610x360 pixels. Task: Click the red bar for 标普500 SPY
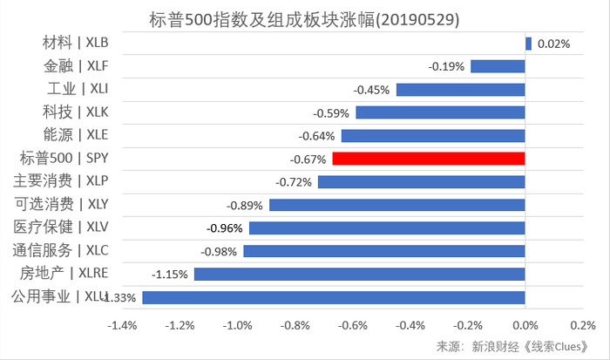pyautogui.click(x=428, y=159)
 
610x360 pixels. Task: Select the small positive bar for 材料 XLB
pyautogui.click(x=528, y=43)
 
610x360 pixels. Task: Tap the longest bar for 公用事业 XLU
pyautogui.click(x=333, y=297)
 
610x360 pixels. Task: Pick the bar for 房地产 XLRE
pyautogui.click(x=359, y=274)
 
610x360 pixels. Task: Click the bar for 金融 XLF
pyautogui.click(x=498, y=66)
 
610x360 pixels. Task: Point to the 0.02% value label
pyautogui.click(x=553, y=44)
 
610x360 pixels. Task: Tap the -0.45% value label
pyautogui.click(x=371, y=90)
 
